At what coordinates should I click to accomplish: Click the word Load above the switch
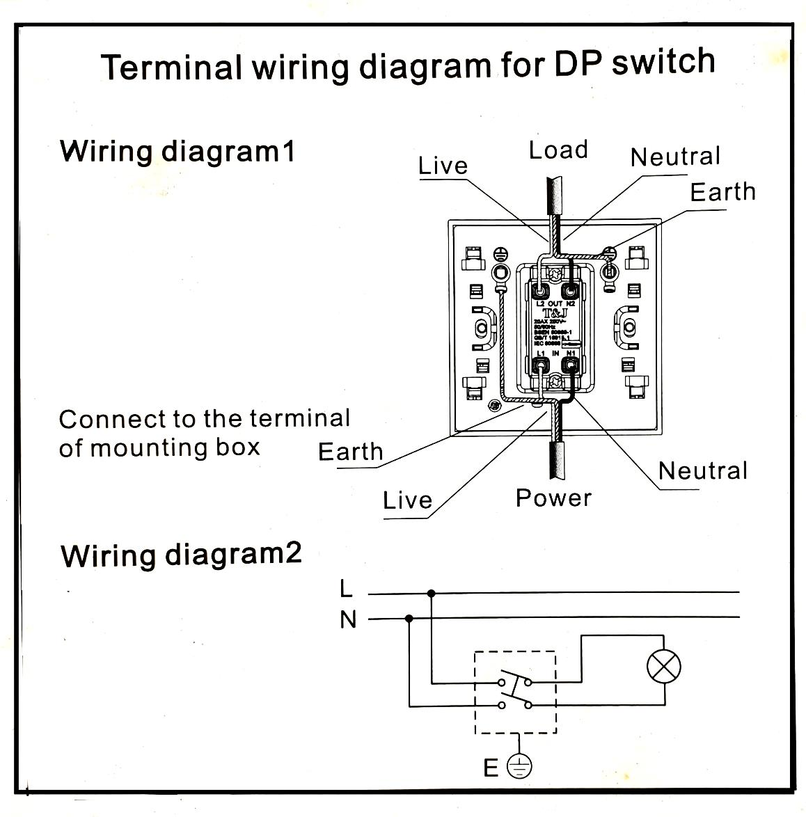(x=558, y=150)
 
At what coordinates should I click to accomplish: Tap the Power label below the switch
(x=553, y=498)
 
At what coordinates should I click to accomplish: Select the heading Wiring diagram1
(x=177, y=151)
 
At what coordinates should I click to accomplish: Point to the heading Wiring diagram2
(x=181, y=555)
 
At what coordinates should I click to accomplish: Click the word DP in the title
(x=579, y=64)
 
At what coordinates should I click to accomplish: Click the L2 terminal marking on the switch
(x=540, y=304)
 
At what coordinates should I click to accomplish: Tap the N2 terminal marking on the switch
(x=570, y=304)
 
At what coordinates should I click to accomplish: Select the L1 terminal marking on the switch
(x=541, y=354)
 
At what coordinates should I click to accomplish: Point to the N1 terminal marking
(x=571, y=354)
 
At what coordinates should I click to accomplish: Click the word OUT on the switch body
(x=555, y=304)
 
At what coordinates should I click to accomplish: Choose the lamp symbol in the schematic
(x=663, y=667)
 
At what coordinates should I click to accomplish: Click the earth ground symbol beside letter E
(x=519, y=767)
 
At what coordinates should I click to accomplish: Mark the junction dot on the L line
(x=432, y=593)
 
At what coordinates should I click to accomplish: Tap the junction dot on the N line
(x=409, y=618)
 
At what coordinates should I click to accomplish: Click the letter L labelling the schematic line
(x=347, y=589)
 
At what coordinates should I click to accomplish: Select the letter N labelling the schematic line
(x=348, y=619)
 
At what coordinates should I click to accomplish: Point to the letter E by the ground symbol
(x=491, y=768)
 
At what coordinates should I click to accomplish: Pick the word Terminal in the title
(x=171, y=68)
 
